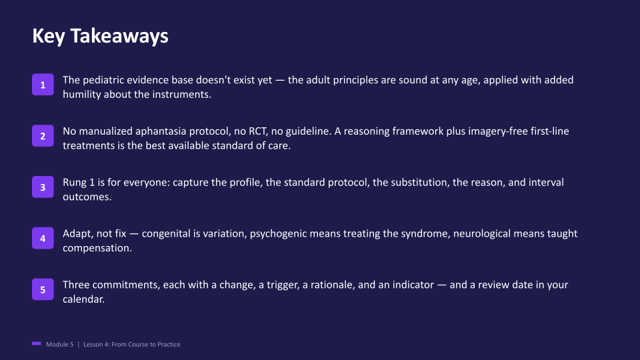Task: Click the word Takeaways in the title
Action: (x=119, y=36)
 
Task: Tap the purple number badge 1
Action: (x=43, y=85)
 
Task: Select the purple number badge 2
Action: (x=43, y=136)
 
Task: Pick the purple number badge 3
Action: (x=43, y=187)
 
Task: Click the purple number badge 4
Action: (x=43, y=239)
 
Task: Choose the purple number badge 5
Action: (x=43, y=289)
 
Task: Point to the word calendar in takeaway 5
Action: (x=83, y=299)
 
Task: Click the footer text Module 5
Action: (x=60, y=345)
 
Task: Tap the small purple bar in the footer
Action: (x=37, y=344)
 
